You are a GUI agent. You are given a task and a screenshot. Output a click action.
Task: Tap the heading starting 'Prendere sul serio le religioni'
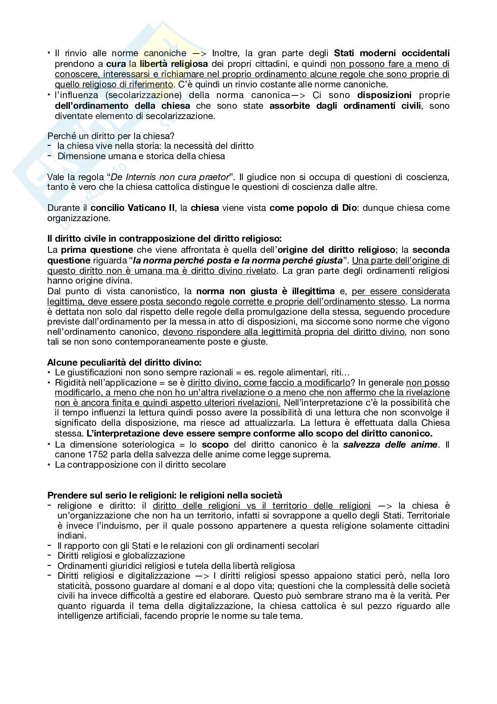pos(165,495)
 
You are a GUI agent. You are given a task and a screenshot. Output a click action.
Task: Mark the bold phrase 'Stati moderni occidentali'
pos(392,54)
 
